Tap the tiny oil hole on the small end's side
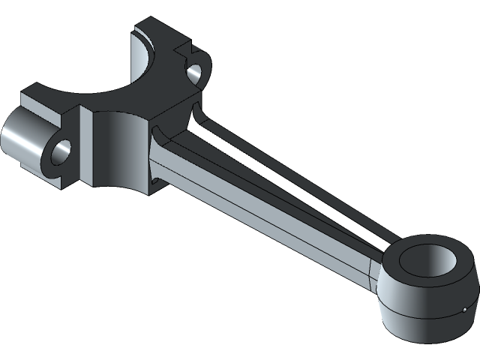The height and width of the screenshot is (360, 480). tap(465, 308)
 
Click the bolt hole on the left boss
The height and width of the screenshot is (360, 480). tap(61, 151)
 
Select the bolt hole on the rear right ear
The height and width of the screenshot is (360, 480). tap(193, 73)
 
